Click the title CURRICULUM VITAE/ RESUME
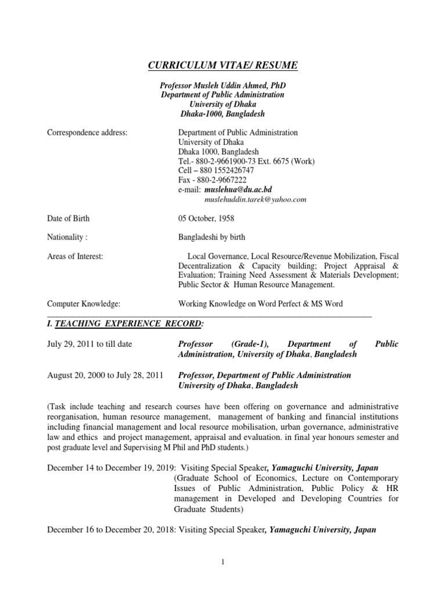point(222,66)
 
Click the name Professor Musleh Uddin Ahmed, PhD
point(222,85)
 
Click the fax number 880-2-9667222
point(219,180)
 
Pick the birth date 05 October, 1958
point(207,218)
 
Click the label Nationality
point(67,237)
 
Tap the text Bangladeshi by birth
point(211,237)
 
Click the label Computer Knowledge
point(83,303)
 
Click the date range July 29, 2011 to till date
point(89,344)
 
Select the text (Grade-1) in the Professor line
point(251,344)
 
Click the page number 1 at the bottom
point(222,561)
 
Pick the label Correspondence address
point(87,132)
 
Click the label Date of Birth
point(69,218)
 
